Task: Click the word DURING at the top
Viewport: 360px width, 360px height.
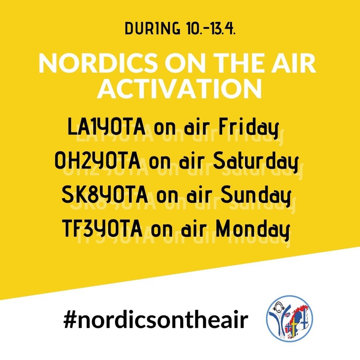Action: point(152,29)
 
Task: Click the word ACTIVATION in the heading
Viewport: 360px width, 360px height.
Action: point(180,89)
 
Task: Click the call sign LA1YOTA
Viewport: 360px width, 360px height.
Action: point(107,127)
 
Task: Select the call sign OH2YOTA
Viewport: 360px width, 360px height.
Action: point(98,160)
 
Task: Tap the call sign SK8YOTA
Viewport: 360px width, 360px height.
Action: point(105,194)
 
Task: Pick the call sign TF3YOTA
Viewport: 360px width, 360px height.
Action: point(102,228)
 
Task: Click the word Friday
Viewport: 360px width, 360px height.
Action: point(249,128)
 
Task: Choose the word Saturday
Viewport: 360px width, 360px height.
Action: point(255,162)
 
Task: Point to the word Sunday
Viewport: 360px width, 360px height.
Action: point(255,196)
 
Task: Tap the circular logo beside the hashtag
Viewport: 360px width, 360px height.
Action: point(289,318)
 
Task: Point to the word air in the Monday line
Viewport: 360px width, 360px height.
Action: point(193,229)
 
